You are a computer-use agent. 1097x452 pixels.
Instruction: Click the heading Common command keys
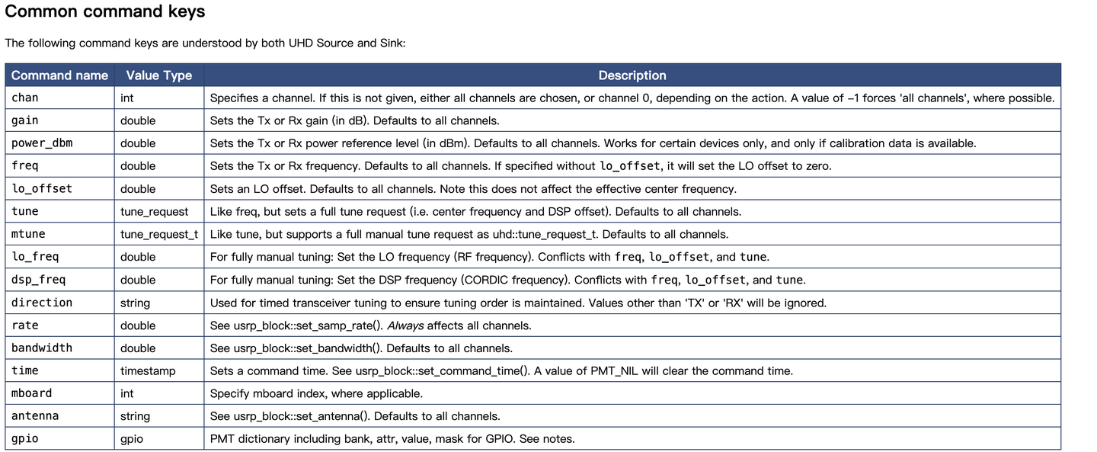point(104,12)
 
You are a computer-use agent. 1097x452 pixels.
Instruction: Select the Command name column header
point(59,75)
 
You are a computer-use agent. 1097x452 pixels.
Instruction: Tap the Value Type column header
point(158,75)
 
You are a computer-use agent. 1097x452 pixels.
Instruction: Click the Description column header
point(632,75)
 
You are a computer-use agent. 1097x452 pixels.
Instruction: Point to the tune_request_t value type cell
point(158,234)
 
